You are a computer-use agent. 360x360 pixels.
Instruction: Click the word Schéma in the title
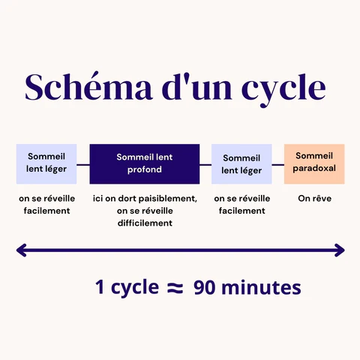(x=88, y=87)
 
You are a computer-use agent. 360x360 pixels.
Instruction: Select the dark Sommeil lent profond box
(x=145, y=164)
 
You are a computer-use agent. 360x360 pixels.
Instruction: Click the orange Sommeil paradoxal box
(x=314, y=164)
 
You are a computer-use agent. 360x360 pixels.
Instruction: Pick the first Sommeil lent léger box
(x=46, y=164)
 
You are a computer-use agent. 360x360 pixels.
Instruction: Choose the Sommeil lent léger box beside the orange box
(x=241, y=164)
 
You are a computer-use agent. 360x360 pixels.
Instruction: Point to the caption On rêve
(x=315, y=199)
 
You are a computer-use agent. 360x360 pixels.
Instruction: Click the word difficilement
(x=145, y=223)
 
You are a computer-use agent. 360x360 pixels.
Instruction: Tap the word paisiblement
(x=168, y=199)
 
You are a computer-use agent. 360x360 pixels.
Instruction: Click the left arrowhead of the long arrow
(x=21, y=250)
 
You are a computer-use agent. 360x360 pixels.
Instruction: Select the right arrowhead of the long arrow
(x=340, y=250)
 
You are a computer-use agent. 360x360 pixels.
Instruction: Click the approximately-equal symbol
(x=175, y=288)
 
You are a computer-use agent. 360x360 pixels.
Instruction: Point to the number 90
(x=205, y=287)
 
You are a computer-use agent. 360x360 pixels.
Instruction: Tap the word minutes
(x=261, y=287)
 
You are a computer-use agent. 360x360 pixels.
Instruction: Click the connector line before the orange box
(x=278, y=165)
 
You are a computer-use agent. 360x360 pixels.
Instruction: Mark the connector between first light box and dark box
(x=83, y=165)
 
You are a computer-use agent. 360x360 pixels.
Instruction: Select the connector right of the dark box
(x=205, y=165)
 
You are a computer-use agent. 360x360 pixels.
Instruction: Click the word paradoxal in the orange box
(x=314, y=169)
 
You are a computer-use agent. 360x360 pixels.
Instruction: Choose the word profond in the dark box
(x=145, y=169)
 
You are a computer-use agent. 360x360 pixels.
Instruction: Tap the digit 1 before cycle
(x=100, y=287)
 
